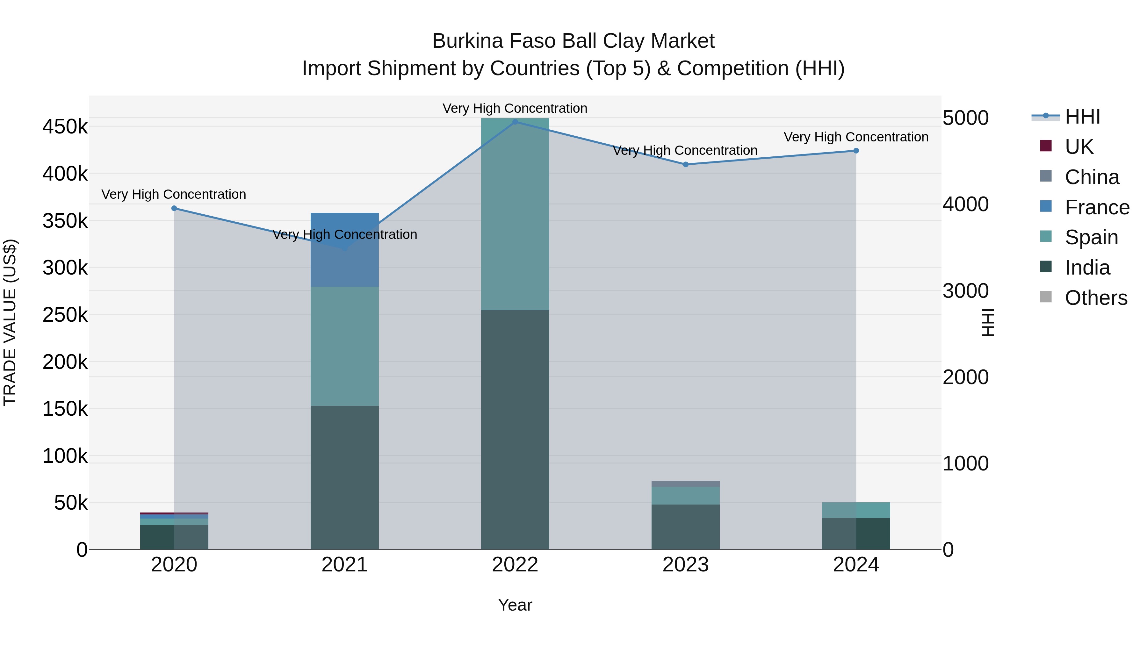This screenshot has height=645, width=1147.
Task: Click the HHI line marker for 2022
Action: tap(515, 122)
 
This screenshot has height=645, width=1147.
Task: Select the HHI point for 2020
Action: tap(174, 208)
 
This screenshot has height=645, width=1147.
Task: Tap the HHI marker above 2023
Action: tap(686, 165)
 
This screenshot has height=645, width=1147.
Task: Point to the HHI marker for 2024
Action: tap(856, 151)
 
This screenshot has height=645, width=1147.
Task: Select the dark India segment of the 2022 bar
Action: tap(515, 430)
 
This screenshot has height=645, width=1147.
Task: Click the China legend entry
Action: tap(1091, 177)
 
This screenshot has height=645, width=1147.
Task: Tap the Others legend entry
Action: tap(1095, 298)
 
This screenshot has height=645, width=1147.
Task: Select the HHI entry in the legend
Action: tap(1082, 117)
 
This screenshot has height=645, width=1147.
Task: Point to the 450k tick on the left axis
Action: tap(65, 127)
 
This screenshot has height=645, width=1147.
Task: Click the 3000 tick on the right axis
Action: tap(965, 291)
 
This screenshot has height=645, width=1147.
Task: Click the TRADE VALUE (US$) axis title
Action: tap(10, 322)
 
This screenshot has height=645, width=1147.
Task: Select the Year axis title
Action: tap(515, 605)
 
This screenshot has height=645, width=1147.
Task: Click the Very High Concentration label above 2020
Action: tap(174, 195)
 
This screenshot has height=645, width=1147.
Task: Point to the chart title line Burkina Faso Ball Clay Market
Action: tap(573, 41)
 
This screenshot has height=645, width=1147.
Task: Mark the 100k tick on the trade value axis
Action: tap(65, 456)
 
